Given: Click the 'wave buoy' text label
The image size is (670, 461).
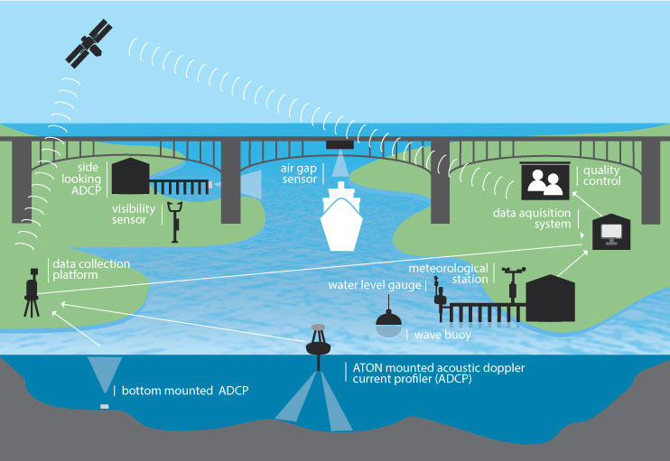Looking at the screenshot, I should click(442, 335).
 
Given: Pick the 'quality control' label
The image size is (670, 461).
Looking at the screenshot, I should click(602, 175).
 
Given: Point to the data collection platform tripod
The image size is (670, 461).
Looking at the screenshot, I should click(32, 297).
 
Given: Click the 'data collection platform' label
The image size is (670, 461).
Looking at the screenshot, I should click(90, 269).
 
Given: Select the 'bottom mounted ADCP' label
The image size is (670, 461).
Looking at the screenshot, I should click(184, 391).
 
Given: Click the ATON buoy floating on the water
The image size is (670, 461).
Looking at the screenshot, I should click(317, 342).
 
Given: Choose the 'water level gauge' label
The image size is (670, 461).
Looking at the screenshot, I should click(375, 285).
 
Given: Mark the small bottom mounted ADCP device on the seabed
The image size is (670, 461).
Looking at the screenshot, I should click(104, 406).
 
